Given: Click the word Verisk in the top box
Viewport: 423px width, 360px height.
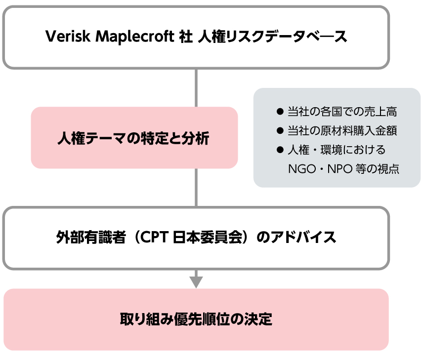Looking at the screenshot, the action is pyautogui.click(x=67, y=36).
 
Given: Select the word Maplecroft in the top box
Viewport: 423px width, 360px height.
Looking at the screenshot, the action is pyautogui.click(x=135, y=37).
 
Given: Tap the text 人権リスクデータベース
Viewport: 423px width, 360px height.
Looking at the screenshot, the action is pyautogui.click(x=272, y=37).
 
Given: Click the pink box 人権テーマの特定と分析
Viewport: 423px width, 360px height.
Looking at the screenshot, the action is pyautogui.click(x=134, y=137).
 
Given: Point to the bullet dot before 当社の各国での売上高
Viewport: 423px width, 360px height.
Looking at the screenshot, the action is pyautogui.click(x=280, y=112).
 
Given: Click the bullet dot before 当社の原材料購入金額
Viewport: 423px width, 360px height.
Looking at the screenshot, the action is pyautogui.click(x=280, y=130).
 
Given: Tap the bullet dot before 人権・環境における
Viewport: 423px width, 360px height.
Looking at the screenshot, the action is pyautogui.click(x=280, y=150).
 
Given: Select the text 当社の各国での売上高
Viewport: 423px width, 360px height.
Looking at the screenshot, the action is pyautogui.click(x=342, y=112).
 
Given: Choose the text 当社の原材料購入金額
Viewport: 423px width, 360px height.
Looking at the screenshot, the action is pyautogui.click(x=342, y=130).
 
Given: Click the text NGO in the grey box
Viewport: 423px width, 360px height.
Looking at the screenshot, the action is pyautogui.click(x=302, y=169).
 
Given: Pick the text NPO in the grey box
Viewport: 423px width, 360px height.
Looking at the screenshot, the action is pyautogui.click(x=340, y=169).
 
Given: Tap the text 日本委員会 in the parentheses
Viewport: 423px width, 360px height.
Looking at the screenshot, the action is pyautogui.click(x=208, y=238).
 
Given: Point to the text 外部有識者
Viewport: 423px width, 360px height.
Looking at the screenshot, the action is pyautogui.click(x=91, y=238).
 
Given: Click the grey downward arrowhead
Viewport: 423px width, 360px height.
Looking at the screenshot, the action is pyautogui.click(x=196, y=282).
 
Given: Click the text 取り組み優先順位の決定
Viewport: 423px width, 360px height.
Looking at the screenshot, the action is pyautogui.click(x=196, y=320).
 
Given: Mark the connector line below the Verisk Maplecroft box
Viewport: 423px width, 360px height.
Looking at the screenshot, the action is pyautogui.click(x=196, y=88).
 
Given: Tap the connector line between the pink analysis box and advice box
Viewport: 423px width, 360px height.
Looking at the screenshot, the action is pyautogui.click(x=196, y=188).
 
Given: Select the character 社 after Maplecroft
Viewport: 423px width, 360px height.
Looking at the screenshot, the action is pyautogui.click(x=186, y=37).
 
